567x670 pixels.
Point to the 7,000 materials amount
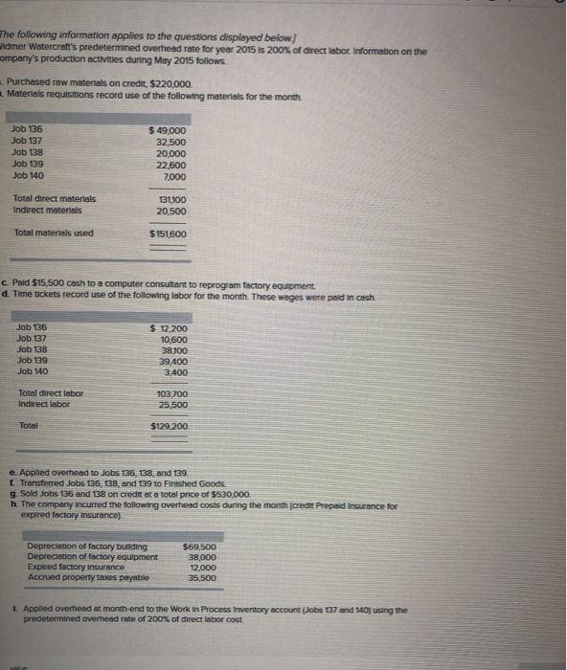pyautogui.click(x=175, y=176)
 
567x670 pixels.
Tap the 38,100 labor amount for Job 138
pyautogui.click(x=171, y=350)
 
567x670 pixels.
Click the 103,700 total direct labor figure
pyautogui.click(x=171, y=394)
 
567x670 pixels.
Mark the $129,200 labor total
pyautogui.click(x=170, y=427)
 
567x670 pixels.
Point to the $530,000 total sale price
pyautogui.click(x=228, y=494)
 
